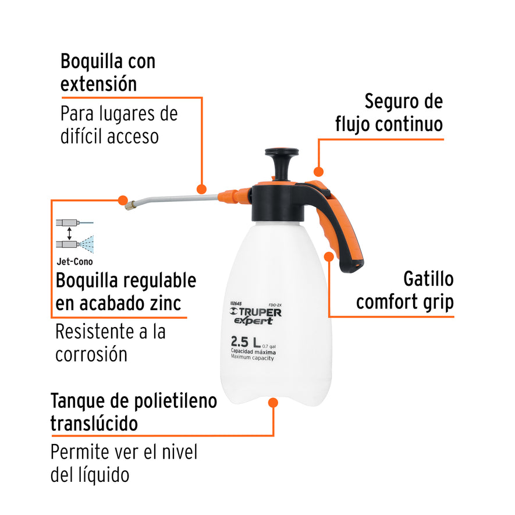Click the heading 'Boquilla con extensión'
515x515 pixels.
108,72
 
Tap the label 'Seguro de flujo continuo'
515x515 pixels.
389,112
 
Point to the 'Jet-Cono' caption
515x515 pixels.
74,262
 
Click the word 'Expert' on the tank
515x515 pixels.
258,321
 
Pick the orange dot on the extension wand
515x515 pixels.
201,189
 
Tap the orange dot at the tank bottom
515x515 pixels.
274,402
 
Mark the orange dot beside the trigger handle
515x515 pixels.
329,256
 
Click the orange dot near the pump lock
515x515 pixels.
318,172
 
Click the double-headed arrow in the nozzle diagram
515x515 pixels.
70,233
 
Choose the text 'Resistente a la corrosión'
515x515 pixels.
111,343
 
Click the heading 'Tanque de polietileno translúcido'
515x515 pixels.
133,411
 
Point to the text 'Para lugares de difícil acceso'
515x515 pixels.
119,125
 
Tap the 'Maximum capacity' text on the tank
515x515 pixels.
252,358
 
